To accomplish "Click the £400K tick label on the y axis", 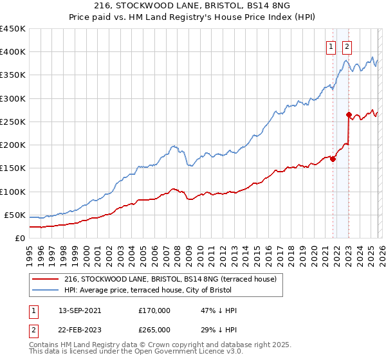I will pos(13,52).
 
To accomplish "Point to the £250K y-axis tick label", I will pos(13,122).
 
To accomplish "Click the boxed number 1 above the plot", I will pos(331,46).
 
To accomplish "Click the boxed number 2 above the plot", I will pos(347,46).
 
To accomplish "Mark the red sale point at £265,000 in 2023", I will pos(349,115).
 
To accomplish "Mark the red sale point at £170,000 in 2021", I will pos(333,159).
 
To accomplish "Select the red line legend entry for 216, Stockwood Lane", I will pos(170,279).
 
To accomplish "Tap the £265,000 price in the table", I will pos(154,329).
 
